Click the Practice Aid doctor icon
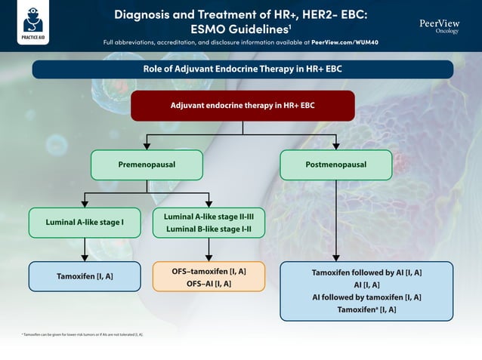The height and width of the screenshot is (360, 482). tap(33, 20)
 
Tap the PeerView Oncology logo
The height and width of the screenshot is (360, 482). tap(439, 26)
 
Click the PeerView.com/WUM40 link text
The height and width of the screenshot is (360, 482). tap(345, 42)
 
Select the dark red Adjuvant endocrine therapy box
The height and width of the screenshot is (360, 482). tap(243, 106)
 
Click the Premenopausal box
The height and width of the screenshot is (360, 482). tap(147, 165)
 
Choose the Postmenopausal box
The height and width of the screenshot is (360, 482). tap(335, 165)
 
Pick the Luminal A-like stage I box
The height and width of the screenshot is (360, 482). tap(85, 223)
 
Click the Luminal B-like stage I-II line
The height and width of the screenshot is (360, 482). tap(209, 229)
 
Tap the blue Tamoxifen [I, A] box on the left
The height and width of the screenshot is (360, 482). tap(85, 276)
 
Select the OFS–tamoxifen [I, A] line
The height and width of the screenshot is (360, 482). tap(209, 270)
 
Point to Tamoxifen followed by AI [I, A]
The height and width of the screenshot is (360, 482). tap(366, 272)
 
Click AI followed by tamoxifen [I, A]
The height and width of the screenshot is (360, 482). tap(366, 297)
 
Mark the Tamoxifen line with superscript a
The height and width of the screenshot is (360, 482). tap(366, 310)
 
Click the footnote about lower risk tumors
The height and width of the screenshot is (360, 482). tap(83, 334)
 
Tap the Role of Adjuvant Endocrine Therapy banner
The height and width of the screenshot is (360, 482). tap(243, 69)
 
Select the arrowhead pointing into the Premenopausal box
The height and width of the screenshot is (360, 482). tap(147, 146)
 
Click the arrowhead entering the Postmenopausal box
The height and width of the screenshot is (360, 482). tap(335, 146)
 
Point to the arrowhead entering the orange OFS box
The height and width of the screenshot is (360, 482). tap(209, 257)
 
